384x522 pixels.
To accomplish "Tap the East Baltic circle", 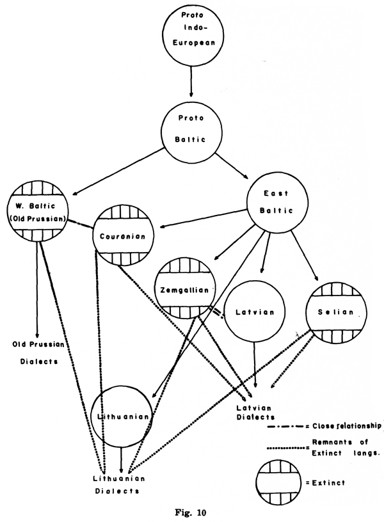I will coord(278,202).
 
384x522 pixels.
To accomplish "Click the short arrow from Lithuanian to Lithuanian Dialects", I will coord(122,459).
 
